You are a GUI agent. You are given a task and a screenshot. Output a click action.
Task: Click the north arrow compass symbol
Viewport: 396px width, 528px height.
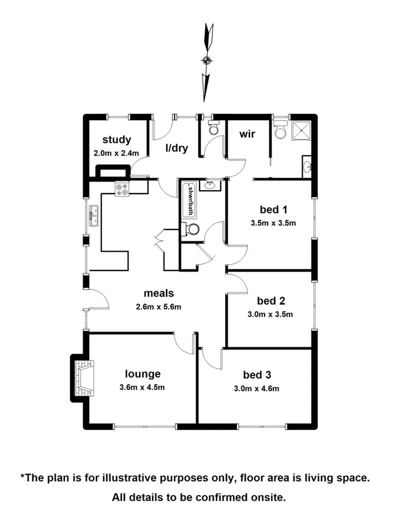[x=206, y=60]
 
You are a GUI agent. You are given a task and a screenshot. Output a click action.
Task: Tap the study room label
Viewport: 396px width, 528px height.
[x=116, y=140]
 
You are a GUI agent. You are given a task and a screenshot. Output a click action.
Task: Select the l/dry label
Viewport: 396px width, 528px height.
[x=177, y=148]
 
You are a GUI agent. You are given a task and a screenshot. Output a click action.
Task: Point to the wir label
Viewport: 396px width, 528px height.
[x=246, y=133]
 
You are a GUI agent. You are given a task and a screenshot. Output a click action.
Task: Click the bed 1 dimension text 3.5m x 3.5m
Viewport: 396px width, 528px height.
[x=273, y=222]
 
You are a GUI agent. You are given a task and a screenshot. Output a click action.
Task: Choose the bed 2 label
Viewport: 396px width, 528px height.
[x=271, y=301]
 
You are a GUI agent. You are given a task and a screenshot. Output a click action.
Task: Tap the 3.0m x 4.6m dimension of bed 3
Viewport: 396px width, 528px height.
[x=261, y=388]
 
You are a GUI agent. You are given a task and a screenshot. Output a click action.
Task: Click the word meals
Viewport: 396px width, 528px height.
[x=160, y=293]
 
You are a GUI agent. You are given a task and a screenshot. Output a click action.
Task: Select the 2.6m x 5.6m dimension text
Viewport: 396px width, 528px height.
[x=159, y=306]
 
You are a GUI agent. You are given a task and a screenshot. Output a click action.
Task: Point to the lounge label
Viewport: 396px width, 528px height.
[x=143, y=373]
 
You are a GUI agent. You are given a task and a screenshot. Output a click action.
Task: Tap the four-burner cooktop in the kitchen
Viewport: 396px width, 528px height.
[x=123, y=189]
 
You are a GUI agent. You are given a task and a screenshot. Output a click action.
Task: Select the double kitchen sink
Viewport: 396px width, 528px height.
[x=93, y=216]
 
